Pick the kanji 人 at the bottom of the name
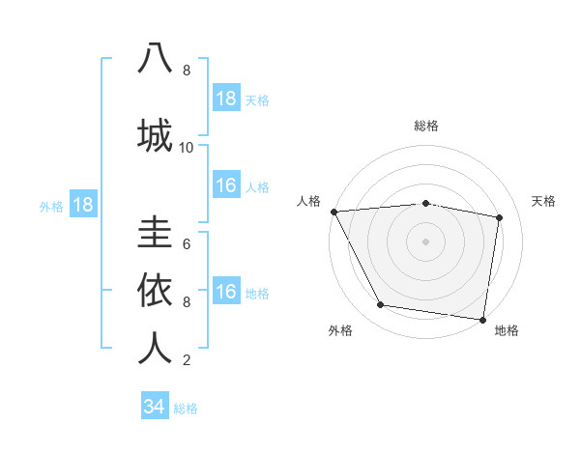pyautogui.click(x=155, y=348)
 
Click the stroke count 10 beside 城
pyautogui.click(x=187, y=148)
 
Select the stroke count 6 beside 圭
pyautogui.click(x=187, y=244)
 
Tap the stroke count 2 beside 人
pyautogui.click(x=187, y=360)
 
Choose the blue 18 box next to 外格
pyautogui.click(x=82, y=205)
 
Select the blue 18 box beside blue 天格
pyautogui.click(x=226, y=99)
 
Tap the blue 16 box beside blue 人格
pyautogui.click(x=226, y=185)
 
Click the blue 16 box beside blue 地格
pyautogui.click(x=226, y=292)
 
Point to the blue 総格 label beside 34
pyautogui.click(x=186, y=409)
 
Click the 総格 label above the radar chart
pyautogui.click(x=425, y=126)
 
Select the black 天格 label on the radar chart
pyautogui.click(x=544, y=201)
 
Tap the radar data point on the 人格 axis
pyautogui.click(x=333, y=212)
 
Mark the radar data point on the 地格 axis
pyautogui.click(x=482, y=319)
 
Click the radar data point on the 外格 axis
pyautogui.click(x=380, y=305)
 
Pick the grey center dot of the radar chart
pyautogui.click(x=425, y=241)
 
